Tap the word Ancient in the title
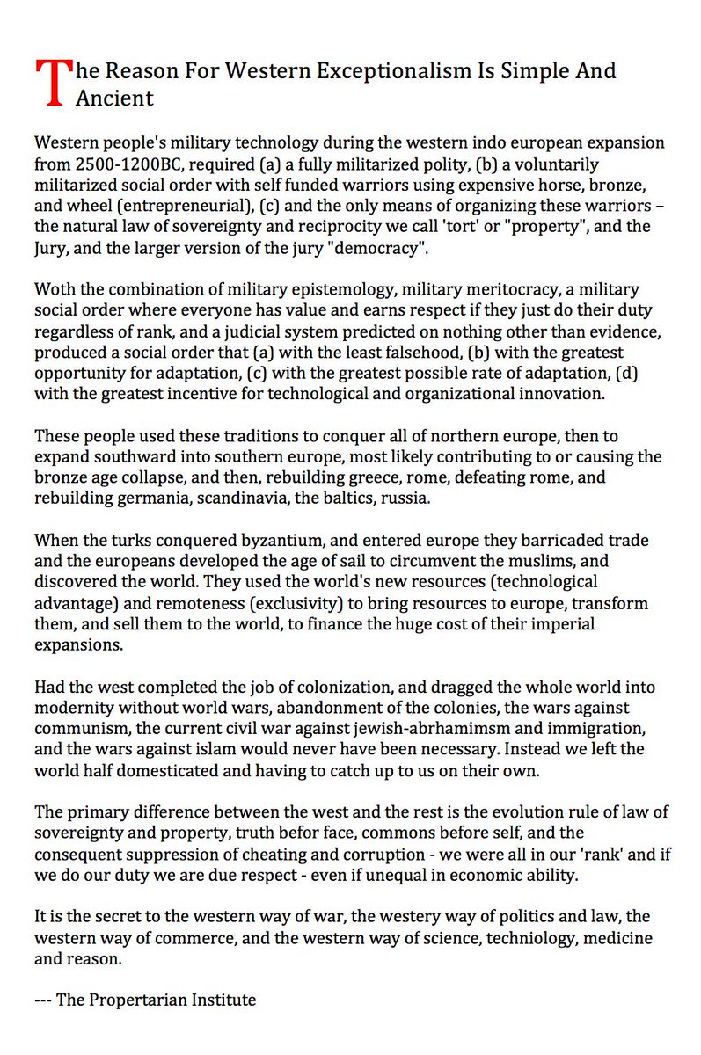coord(114,98)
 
